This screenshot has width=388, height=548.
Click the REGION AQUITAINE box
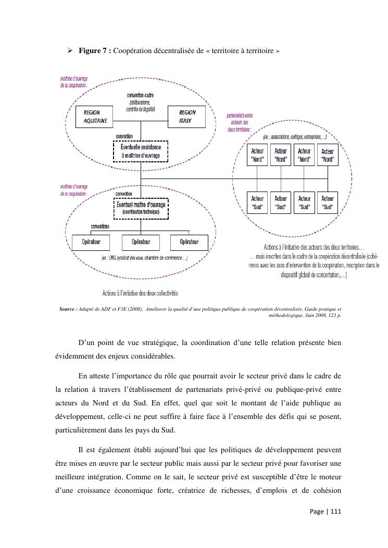pyautogui.click(x=96, y=116)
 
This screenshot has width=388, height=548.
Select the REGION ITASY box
pyautogui.click(x=186, y=116)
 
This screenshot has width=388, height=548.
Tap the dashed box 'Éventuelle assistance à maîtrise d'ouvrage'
pyautogui.click(x=141, y=151)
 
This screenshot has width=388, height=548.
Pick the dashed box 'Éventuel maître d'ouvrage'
pyautogui.click(x=141, y=208)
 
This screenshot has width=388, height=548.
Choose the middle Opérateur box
pyautogui.click(x=141, y=242)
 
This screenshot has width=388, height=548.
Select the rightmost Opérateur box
pyautogui.click(x=189, y=242)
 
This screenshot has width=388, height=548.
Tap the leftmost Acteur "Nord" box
pyautogui.click(x=257, y=155)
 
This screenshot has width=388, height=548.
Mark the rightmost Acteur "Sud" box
pyautogui.click(x=328, y=202)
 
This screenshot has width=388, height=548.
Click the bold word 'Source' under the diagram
pyautogui.click(x=67, y=309)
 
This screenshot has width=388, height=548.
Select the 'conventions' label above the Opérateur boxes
pyautogui.click(x=100, y=226)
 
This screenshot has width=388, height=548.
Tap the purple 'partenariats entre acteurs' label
pyautogui.click(x=240, y=122)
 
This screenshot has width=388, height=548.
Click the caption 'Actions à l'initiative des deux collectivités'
pyautogui.click(x=140, y=293)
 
